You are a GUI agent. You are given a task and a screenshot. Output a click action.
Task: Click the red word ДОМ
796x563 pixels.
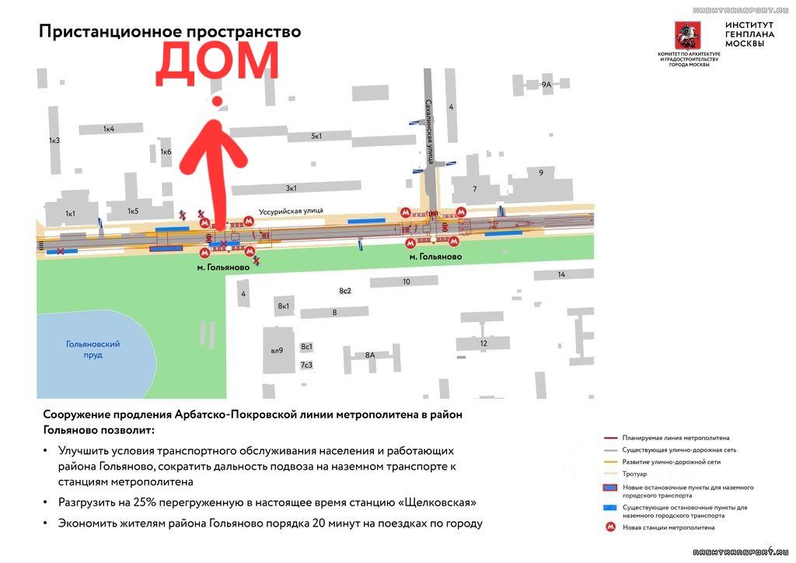pos(217,65)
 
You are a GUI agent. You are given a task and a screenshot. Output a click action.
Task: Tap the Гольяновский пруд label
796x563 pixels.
pos(93,349)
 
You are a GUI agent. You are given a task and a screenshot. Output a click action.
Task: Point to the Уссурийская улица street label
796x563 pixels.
pos(290,210)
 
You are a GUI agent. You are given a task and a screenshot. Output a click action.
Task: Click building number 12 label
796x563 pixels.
pos(484,343)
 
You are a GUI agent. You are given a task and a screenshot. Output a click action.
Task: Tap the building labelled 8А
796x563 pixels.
pos(370,355)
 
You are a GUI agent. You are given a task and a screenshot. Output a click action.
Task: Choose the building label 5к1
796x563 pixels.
pos(316,136)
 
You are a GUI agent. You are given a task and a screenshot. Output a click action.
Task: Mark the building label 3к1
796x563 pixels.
pos(292,187)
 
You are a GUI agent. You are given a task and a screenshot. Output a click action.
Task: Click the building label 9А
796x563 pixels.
pos(546,84)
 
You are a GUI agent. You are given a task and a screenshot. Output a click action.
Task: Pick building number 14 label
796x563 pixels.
pos(561,275)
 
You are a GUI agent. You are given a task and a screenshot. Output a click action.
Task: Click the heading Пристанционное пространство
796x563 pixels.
pos(169,32)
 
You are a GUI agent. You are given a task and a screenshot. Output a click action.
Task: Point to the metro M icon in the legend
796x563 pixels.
pos(612,528)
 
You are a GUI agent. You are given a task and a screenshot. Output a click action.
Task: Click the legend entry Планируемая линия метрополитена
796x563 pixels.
pos(676,438)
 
